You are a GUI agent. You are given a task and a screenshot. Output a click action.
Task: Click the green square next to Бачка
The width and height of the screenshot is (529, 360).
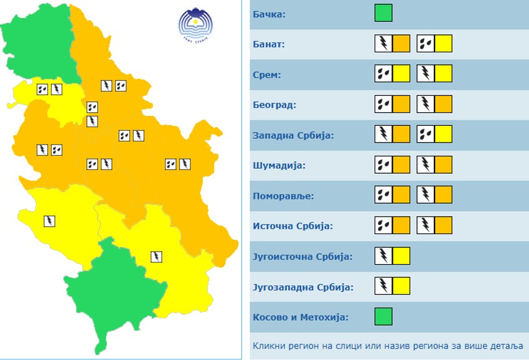(383, 13)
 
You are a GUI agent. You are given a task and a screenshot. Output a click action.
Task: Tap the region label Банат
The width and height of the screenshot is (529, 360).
(269, 44)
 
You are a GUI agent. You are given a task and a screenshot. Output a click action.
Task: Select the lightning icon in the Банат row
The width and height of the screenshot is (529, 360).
(383, 44)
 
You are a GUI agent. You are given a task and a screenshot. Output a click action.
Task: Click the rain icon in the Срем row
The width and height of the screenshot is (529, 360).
(383, 74)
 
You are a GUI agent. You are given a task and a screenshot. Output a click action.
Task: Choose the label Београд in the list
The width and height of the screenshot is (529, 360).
(274, 105)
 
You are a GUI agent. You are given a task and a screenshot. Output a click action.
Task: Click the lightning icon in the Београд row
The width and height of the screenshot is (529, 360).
(426, 104)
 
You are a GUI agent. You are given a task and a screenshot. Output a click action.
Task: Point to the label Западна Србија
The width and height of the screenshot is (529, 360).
(294, 135)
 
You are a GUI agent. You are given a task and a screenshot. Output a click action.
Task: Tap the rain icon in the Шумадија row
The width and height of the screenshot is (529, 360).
(383, 164)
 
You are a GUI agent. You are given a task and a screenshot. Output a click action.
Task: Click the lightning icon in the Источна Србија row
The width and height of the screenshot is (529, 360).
(426, 225)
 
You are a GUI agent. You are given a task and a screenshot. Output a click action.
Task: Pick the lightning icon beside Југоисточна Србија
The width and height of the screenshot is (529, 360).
(383, 255)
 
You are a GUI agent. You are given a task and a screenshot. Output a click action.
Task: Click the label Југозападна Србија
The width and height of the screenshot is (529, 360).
(303, 287)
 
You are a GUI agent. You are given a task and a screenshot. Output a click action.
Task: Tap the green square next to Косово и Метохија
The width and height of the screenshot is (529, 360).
(383, 316)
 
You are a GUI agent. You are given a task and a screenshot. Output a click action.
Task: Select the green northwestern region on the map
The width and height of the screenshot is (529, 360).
(37, 47)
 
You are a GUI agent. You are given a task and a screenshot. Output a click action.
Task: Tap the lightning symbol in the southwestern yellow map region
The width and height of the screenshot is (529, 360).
(49, 220)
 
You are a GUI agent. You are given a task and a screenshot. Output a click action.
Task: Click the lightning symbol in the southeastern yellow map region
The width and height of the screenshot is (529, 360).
(157, 256)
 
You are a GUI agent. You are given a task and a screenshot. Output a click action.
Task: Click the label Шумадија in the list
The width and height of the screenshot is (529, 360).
(278, 166)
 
